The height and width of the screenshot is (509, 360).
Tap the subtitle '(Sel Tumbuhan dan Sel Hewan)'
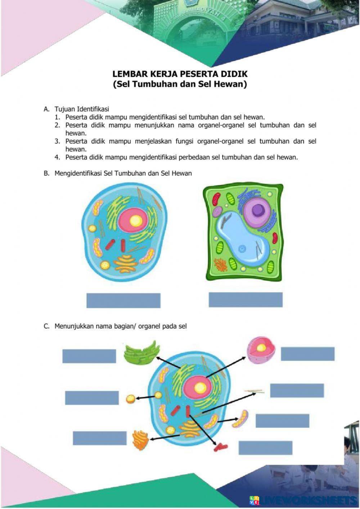(x=180, y=85)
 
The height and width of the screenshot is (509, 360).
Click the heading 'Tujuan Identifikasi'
(x=82, y=109)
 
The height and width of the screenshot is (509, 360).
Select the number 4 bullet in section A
(x=57, y=157)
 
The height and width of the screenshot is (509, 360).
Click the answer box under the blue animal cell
(x=123, y=301)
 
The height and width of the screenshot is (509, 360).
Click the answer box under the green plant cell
(x=246, y=300)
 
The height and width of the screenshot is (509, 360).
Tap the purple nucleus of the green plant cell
(x=257, y=210)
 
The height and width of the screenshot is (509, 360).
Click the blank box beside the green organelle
(x=89, y=356)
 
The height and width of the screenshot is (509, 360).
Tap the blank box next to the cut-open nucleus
(x=307, y=353)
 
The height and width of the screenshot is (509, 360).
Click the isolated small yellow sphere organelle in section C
(x=130, y=398)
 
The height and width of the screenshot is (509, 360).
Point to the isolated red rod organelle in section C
(x=221, y=447)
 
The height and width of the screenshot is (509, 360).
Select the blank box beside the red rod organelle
(x=265, y=448)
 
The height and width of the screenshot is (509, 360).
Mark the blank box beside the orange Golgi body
(x=99, y=438)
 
